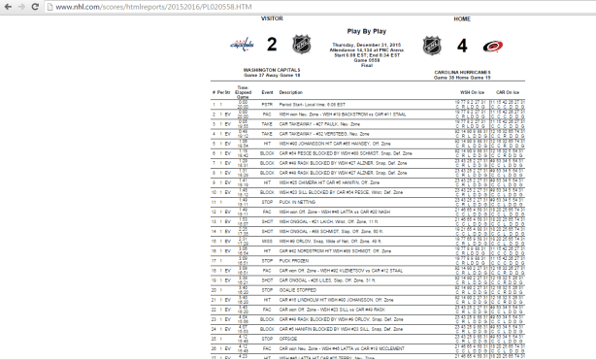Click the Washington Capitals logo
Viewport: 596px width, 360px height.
(239, 45)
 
